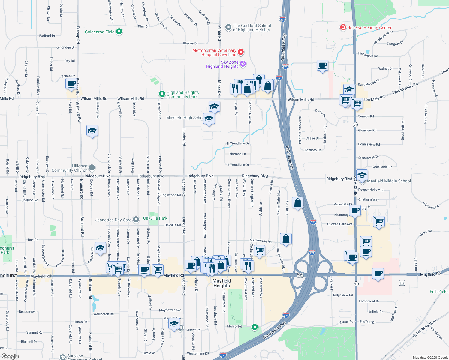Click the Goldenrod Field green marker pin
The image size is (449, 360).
coord(119,31)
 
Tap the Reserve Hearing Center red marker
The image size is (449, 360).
coord(343,27)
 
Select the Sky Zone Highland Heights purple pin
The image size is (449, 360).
coord(243,64)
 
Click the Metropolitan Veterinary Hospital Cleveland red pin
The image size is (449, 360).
coord(241,52)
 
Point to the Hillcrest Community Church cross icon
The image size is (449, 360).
coord(92,168)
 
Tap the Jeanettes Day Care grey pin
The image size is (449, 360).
coord(136,220)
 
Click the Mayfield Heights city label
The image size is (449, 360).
coord(222,283)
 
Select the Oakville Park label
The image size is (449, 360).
coord(155,218)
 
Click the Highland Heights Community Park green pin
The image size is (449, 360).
coord(162,94)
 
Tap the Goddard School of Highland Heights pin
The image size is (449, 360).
coord(228,27)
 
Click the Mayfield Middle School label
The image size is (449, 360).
coord(389,181)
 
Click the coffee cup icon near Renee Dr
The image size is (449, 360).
coord(71,84)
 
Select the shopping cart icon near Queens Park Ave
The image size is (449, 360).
coord(379,222)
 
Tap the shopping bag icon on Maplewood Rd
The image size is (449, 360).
coord(286,239)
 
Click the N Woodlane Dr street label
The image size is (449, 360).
coord(238,143)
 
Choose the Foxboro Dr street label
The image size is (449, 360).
coord(313,150)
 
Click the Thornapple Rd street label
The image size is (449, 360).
coord(368,55)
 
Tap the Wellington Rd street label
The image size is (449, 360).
coord(104,314)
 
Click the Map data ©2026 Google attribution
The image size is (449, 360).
coord(430,358)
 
